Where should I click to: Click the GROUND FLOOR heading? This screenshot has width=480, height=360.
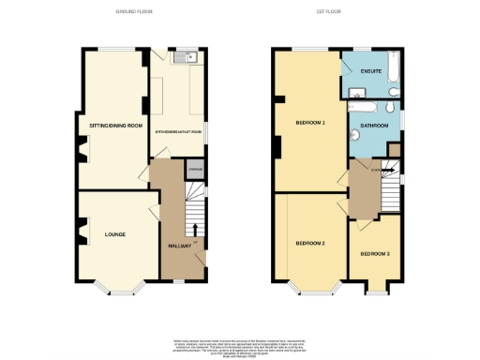pos(134,11)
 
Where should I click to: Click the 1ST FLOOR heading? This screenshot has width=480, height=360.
pos(340,11)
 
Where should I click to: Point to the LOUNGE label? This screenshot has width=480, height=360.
pos(115,233)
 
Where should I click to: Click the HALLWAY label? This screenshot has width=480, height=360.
pos(179,245)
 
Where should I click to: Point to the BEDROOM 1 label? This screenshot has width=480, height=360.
pos(309,122)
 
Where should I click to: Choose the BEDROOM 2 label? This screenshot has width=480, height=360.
pos(310,243)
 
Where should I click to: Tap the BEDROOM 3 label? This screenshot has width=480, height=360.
pos(375,254)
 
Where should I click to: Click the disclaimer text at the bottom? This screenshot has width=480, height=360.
pos(240,345)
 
